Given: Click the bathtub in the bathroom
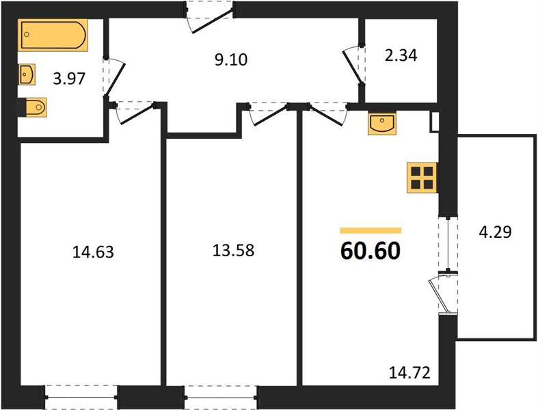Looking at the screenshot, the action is pos(53,35).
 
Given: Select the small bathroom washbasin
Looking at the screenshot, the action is pos(27,74).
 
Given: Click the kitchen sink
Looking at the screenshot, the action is pos(382,123).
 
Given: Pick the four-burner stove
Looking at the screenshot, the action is pos(422,178).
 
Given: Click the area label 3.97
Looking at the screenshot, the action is pos(69,79).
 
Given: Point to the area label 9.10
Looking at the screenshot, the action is pos(231,60).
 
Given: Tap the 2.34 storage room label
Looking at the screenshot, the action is pos(401,55).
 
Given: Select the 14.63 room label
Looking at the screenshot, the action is pos(93,252).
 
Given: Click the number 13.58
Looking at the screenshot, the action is pos(233,251).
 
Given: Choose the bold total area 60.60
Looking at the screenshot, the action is pos(371,251).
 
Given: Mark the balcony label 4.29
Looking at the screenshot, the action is pos(495,232).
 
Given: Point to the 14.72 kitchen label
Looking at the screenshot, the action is pos(409,372).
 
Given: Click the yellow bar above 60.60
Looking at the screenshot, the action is pos(371,230).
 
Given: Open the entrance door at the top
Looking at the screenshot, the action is pos(210,17).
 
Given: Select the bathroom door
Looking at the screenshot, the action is pos(114,77).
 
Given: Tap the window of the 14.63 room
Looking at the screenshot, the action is pos(81,397).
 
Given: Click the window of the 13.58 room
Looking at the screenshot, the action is pos(221,397).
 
